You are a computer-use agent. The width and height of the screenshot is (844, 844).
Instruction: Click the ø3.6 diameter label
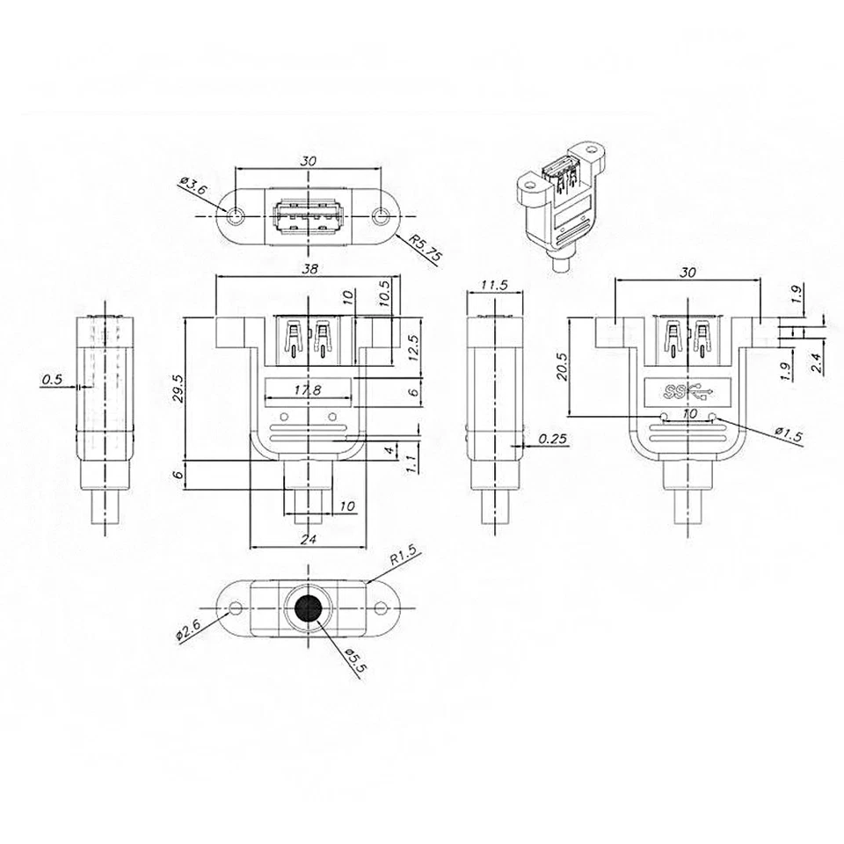click(x=193, y=186)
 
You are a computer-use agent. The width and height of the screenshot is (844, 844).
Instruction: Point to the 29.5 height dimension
click(x=178, y=389)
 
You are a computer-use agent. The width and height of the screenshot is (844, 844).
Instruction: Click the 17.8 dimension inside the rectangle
click(x=308, y=389)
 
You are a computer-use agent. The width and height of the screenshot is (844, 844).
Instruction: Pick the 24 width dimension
click(x=309, y=538)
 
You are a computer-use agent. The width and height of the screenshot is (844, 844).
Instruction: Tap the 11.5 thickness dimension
click(x=494, y=285)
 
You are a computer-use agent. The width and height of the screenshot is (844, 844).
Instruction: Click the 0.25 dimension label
click(x=552, y=439)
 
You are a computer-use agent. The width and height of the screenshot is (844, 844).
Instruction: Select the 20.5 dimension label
click(x=562, y=367)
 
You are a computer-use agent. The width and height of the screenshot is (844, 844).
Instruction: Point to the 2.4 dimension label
click(x=816, y=362)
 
